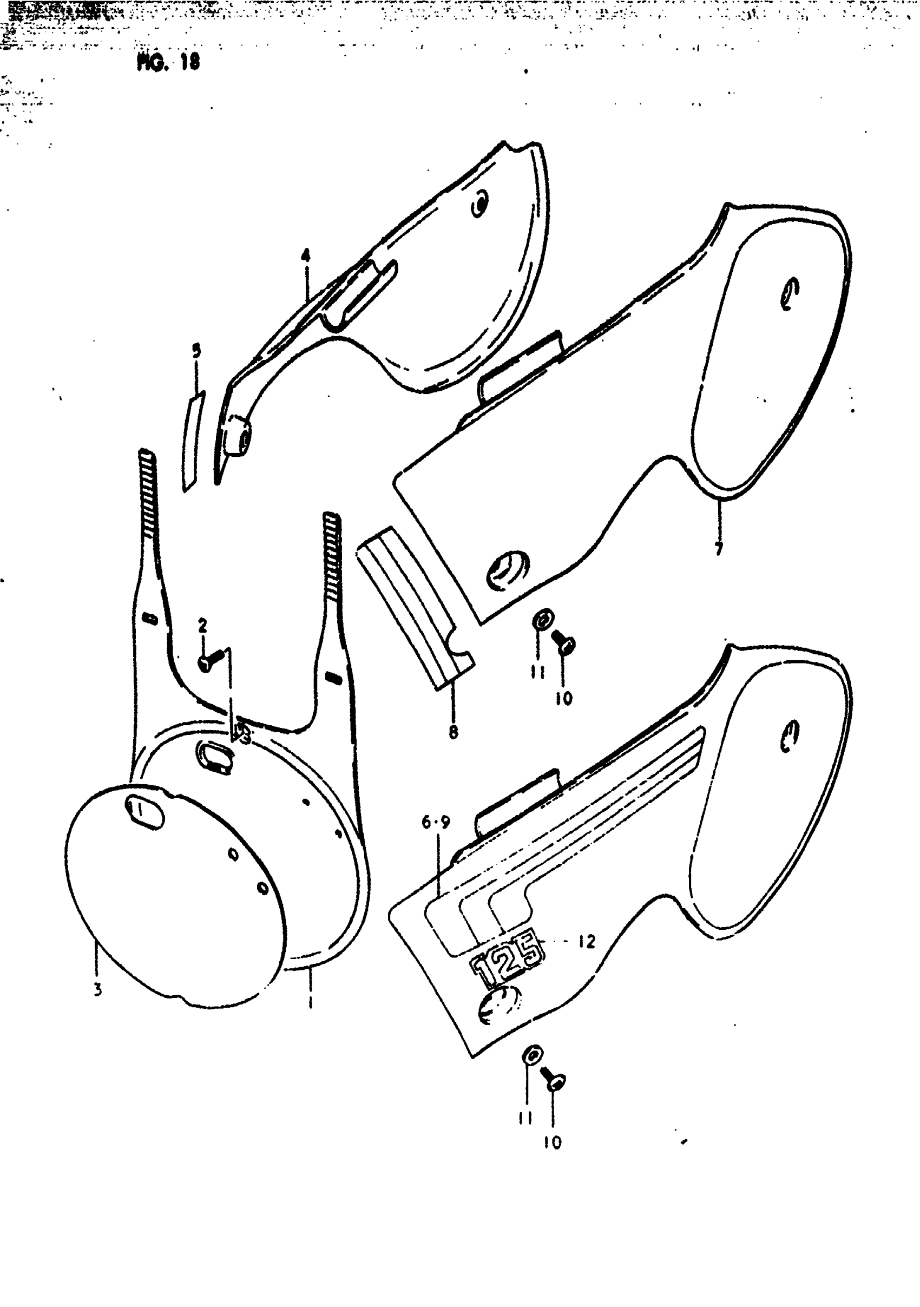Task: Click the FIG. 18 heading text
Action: [x=168, y=62]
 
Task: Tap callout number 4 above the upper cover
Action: [x=306, y=255]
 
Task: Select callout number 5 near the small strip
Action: [x=196, y=351]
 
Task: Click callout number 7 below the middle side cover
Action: [x=719, y=548]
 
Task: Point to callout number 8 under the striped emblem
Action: [x=453, y=733]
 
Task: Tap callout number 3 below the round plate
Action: [x=98, y=990]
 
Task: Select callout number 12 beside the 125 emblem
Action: [x=587, y=942]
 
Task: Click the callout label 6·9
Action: [x=436, y=823]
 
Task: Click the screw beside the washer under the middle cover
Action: [x=565, y=641]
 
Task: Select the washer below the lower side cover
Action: [x=533, y=1055]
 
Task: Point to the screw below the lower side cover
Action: [x=553, y=1078]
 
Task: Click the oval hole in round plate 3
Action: [x=144, y=812]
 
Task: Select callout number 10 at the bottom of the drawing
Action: [x=552, y=1142]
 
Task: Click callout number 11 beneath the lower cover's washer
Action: [x=525, y=1119]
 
